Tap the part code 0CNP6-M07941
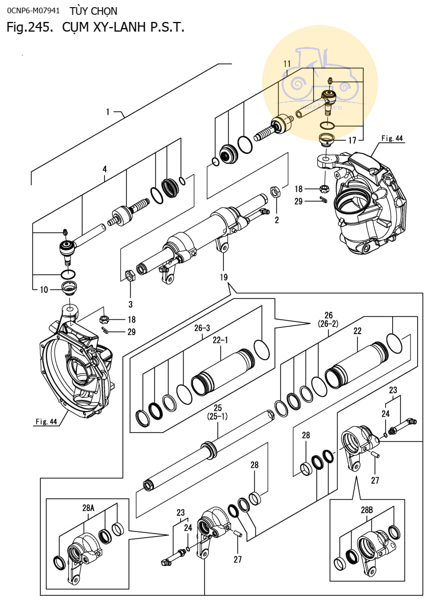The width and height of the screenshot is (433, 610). (34, 11)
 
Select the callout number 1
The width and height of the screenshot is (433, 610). (108, 111)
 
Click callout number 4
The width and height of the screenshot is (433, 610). (105, 169)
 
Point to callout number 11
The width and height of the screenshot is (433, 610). (287, 63)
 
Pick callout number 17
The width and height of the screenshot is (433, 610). (352, 140)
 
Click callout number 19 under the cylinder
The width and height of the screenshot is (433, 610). (224, 277)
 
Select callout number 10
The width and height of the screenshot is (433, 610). (43, 290)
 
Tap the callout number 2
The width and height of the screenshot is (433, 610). (277, 220)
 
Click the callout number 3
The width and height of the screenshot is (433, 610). (130, 304)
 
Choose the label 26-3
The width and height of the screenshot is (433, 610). (203, 329)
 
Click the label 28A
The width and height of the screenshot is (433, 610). (88, 508)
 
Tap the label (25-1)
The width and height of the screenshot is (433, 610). (217, 417)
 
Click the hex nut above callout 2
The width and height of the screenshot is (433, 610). (273, 192)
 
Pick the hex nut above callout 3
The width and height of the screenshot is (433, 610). (130, 276)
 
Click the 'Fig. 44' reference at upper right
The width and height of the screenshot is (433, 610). (392, 138)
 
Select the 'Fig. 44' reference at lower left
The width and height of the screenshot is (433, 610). (46, 421)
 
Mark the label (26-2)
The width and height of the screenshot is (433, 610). (328, 323)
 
